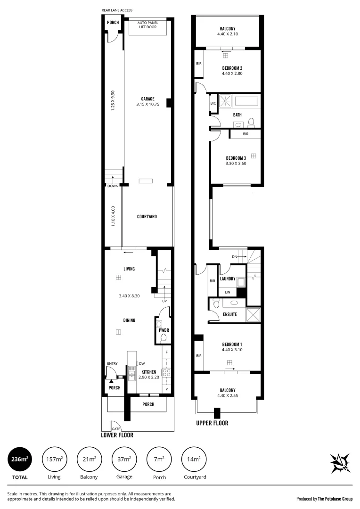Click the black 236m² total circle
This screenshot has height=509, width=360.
[x=20, y=460]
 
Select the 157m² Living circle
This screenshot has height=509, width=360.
[x=54, y=460]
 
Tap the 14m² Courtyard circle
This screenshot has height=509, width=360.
[x=194, y=460]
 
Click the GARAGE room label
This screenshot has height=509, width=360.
[x=147, y=99]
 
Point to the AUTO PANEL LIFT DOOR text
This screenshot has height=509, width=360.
[x=147, y=25]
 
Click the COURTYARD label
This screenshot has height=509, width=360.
[x=147, y=217]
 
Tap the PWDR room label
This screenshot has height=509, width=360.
[x=164, y=330]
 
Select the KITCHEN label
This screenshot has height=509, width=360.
[x=149, y=372]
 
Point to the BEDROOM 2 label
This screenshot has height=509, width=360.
[x=232, y=68]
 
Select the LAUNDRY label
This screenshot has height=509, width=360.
[x=228, y=279]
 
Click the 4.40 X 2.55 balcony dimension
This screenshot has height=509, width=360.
[x=228, y=396]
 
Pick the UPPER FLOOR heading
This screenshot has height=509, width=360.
[x=212, y=423]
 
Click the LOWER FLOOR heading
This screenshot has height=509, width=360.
[x=117, y=435]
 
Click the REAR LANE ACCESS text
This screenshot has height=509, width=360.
[x=117, y=10]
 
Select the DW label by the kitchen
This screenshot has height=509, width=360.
[x=141, y=363]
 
